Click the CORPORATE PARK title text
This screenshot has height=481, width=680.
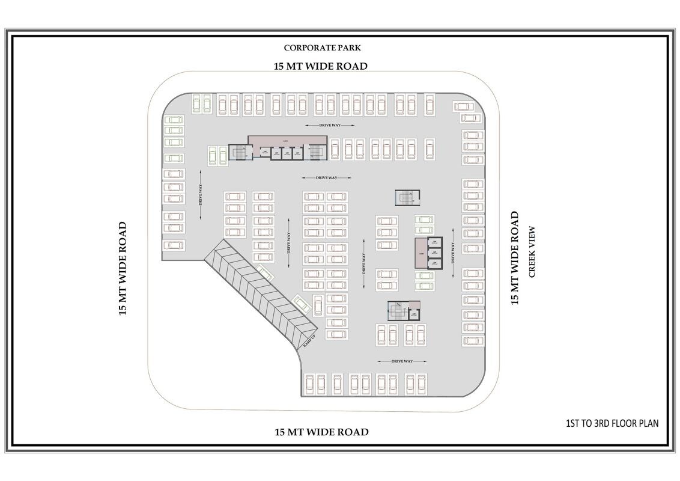pos(322,47)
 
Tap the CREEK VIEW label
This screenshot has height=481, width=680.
pos(531,252)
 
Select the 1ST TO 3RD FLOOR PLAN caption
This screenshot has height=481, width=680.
pos(612,423)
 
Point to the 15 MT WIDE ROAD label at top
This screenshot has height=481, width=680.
pos(320,66)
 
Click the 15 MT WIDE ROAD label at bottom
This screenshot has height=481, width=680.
pos(321,432)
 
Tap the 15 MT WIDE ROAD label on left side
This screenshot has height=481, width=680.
pos(123,268)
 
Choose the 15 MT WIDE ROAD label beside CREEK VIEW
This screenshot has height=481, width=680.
pos(515,258)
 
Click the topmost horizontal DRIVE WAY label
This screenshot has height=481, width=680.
pos(329,125)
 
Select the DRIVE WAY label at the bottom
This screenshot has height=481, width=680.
pos(401,361)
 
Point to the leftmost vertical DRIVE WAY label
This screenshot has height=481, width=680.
pos(201,194)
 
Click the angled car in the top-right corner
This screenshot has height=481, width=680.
pos(463,106)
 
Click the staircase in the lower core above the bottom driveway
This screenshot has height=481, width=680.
pos(397,311)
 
